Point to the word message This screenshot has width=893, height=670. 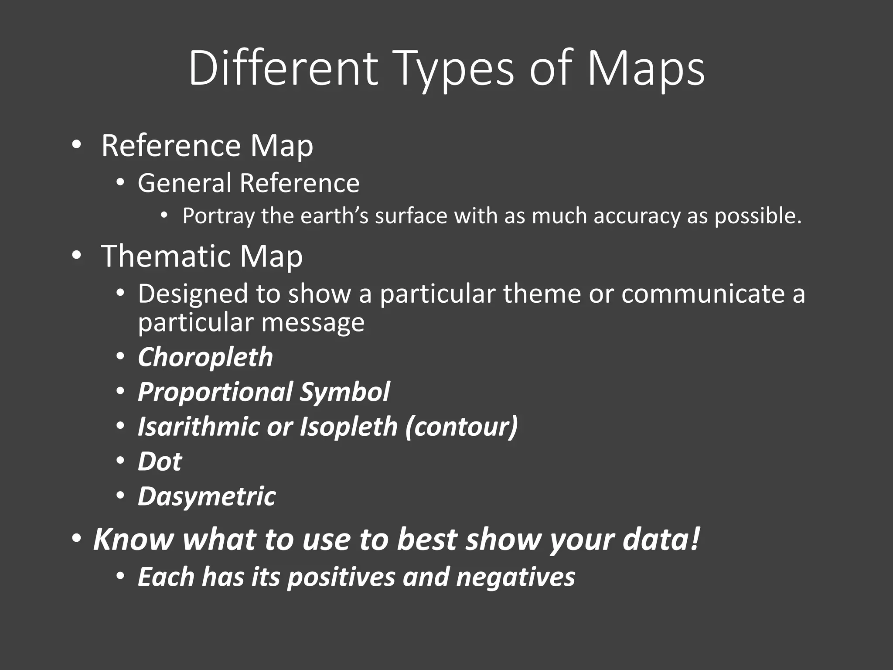(313, 323)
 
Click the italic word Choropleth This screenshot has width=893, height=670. (205, 358)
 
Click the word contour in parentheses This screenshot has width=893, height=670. (462, 427)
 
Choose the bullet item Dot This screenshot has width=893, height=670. (160, 461)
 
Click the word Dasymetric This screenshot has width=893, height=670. (207, 496)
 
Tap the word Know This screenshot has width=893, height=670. (133, 539)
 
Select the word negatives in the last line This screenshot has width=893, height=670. (515, 577)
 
